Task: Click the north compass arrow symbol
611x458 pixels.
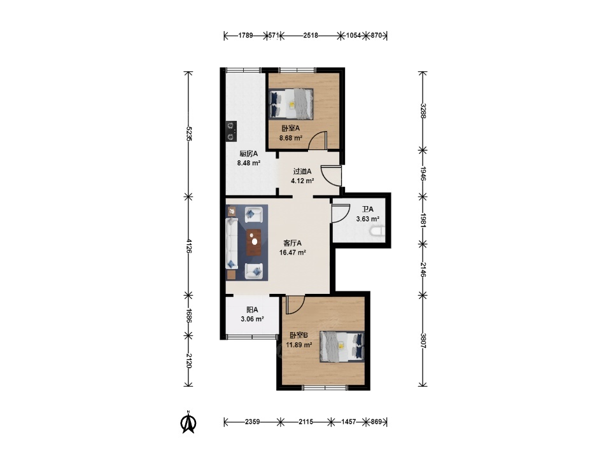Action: (x=188, y=422)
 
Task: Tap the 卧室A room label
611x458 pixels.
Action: (x=291, y=128)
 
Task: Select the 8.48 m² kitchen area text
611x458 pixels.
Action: (x=249, y=163)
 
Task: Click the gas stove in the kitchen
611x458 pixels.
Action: (x=231, y=131)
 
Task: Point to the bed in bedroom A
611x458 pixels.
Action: (x=291, y=104)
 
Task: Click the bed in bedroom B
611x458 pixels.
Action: (x=342, y=347)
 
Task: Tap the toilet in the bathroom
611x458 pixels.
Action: (x=377, y=232)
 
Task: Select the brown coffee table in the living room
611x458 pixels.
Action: (x=254, y=242)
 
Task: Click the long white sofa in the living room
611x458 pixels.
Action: (x=232, y=243)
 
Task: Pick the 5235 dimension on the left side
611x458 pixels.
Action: (x=188, y=134)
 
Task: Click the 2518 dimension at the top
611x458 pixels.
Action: (x=311, y=36)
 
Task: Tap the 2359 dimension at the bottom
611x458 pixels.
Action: (x=253, y=422)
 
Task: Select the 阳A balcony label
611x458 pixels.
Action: (x=252, y=310)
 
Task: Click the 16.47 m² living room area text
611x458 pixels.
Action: (x=292, y=253)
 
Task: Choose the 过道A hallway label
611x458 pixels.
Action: (x=302, y=171)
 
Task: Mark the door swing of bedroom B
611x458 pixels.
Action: (x=295, y=305)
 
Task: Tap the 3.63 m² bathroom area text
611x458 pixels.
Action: (x=368, y=219)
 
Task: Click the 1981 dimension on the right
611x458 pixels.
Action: (x=423, y=220)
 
